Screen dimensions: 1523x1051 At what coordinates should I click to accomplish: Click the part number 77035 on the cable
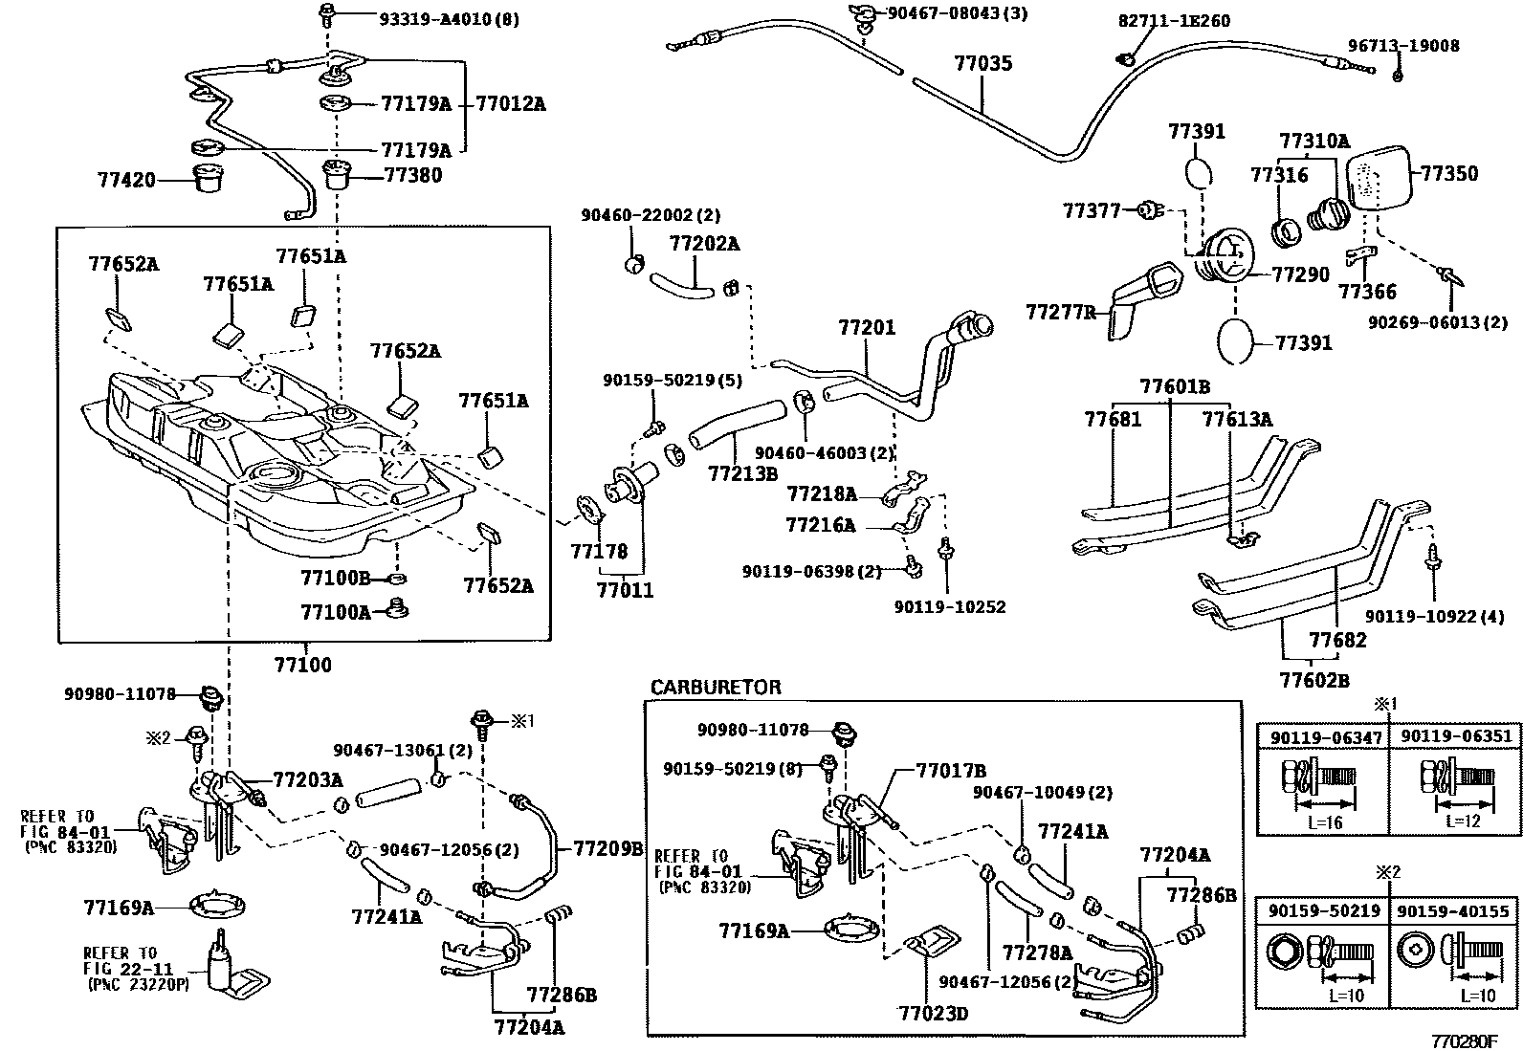[983, 63]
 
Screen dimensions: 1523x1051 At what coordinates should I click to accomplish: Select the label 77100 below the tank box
[302, 665]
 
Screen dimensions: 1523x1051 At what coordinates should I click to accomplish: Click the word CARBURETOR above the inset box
[716, 688]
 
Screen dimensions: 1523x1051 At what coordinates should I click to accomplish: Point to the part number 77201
[867, 328]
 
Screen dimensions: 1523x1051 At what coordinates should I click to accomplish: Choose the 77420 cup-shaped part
[210, 179]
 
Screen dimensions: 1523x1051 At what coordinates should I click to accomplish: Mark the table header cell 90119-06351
[1455, 736]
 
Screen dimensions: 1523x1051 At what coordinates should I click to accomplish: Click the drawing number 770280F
[1464, 1041]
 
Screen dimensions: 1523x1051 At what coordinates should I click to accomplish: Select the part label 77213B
[743, 473]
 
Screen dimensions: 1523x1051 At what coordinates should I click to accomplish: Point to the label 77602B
[1314, 680]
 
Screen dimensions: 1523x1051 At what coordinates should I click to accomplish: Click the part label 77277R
[1061, 312]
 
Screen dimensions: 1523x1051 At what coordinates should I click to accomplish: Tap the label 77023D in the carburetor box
[933, 1014]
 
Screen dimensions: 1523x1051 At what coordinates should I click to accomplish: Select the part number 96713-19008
[1404, 46]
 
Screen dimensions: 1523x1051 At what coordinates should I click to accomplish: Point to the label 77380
[413, 175]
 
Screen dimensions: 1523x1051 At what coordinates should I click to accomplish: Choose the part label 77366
[1367, 292]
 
